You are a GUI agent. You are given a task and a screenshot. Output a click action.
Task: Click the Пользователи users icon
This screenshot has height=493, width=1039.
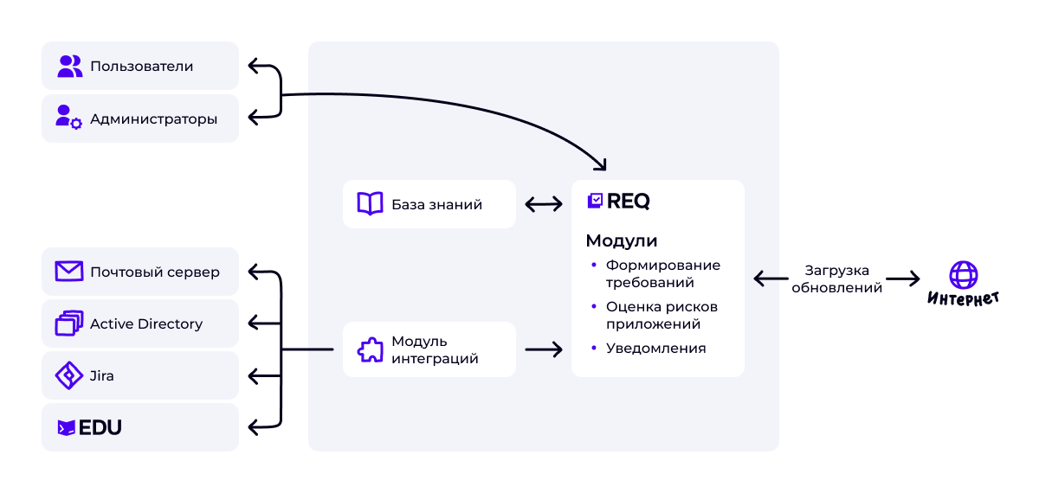coord(70,67)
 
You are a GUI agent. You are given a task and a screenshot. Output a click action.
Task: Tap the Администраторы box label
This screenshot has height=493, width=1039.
coord(153,118)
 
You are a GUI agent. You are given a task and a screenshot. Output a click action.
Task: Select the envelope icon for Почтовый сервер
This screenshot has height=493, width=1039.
coord(68,272)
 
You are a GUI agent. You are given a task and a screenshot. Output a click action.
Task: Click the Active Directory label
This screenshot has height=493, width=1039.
coord(146,323)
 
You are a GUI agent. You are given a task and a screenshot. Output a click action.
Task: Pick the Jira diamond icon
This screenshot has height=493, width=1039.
coord(68,375)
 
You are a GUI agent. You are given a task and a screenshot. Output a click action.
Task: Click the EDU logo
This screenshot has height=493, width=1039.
coord(89,427)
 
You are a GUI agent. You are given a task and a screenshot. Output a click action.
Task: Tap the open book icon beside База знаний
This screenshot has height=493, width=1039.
coord(370,204)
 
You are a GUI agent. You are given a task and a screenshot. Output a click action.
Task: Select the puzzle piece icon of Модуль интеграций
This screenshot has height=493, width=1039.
coord(370,349)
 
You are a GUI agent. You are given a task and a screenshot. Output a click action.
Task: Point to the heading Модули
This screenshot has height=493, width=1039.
coord(621,240)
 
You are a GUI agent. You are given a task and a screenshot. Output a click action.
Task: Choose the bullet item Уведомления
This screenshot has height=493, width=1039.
coord(655,348)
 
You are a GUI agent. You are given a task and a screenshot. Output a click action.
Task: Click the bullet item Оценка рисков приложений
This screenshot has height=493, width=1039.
coord(661,315)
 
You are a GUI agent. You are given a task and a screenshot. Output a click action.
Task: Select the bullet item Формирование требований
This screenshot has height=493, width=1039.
coord(662,273)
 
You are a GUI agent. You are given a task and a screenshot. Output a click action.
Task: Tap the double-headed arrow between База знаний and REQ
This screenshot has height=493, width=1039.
coord(543,204)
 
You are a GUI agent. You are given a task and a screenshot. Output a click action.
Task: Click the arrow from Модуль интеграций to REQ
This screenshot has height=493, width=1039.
coord(543,349)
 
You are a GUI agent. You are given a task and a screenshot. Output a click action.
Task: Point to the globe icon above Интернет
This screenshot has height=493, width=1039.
coord(963,275)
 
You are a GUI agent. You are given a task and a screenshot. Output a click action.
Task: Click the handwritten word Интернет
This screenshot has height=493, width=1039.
coord(963,299)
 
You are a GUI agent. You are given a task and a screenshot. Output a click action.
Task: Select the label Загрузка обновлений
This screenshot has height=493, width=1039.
coord(836,279)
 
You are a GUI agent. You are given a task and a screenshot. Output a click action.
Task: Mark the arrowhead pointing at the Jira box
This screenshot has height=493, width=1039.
coord(254,375)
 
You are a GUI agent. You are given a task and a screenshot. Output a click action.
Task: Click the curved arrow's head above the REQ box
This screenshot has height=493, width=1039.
coord(601,164)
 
